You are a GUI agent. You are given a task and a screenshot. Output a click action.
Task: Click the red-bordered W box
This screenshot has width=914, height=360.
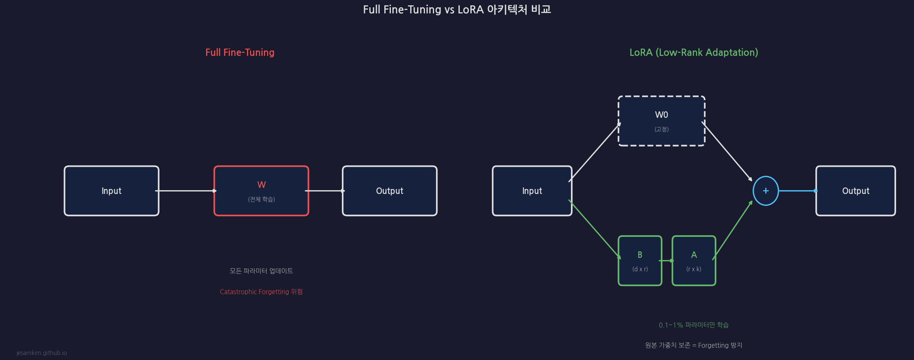[x=261, y=191]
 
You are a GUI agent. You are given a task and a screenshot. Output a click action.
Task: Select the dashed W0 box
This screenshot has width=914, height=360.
[x=661, y=121]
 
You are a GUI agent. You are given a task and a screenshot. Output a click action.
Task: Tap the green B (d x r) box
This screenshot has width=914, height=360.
[x=640, y=261]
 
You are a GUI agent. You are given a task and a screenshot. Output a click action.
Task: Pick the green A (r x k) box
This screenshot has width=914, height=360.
[x=694, y=261]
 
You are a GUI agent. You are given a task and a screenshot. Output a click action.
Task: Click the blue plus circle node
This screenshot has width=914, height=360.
[x=766, y=191]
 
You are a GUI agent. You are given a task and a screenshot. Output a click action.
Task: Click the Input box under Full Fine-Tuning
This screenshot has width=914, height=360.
[x=111, y=191]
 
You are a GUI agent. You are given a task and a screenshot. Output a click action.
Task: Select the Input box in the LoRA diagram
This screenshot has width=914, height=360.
[x=532, y=191]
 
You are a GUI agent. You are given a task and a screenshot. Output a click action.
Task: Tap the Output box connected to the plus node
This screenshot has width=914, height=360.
[x=855, y=191]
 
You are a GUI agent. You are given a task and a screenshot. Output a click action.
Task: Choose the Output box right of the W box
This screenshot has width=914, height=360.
[x=389, y=191]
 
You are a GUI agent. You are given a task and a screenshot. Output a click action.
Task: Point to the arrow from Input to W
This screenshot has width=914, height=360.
[x=186, y=191]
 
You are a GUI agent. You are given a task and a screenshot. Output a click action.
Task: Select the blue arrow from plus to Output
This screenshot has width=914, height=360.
[x=797, y=191]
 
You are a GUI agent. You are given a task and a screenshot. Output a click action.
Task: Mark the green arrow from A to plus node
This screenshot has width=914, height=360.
[x=732, y=230]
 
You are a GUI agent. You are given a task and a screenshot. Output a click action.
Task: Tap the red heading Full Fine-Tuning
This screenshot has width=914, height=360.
[x=240, y=52]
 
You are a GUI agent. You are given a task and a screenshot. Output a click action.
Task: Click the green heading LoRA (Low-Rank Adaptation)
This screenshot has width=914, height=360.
[x=694, y=52]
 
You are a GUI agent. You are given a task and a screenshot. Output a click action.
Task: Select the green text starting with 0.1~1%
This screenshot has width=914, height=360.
[x=694, y=325]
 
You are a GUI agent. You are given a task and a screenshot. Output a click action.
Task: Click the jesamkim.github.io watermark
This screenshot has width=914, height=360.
[x=42, y=353]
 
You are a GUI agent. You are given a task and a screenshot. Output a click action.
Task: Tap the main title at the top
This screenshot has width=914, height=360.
[x=457, y=9]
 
